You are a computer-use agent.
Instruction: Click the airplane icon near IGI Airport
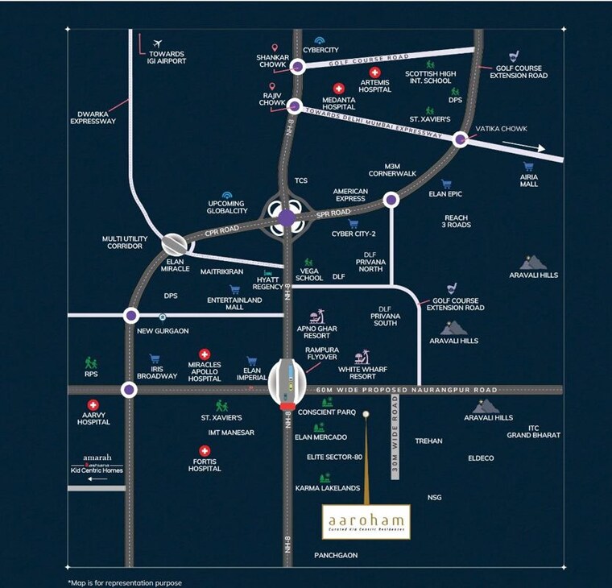(x=157, y=43)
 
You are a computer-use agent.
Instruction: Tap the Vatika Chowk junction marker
(x=461, y=139)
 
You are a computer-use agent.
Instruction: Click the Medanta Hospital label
(x=339, y=103)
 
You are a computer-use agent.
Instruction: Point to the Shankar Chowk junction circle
(x=298, y=68)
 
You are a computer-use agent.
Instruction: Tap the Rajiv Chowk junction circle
(x=295, y=106)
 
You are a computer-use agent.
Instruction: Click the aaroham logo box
(x=366, y=522)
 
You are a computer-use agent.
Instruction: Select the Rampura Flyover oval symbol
(x=287, y=379)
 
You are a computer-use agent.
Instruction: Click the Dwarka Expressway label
(x=93, y=117)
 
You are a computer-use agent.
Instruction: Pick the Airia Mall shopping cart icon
(x=527, y=166)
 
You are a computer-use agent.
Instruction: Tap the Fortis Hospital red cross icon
(x=205, y=451)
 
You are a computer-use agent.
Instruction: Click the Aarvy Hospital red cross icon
(x=93, y=405)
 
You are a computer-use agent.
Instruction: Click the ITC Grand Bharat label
(x=533, y=432)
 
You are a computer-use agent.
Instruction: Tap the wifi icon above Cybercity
(x=320, y=39)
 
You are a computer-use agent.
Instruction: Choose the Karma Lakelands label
(x=327, y=488)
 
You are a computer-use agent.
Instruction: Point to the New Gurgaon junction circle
(x=131, y=315)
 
